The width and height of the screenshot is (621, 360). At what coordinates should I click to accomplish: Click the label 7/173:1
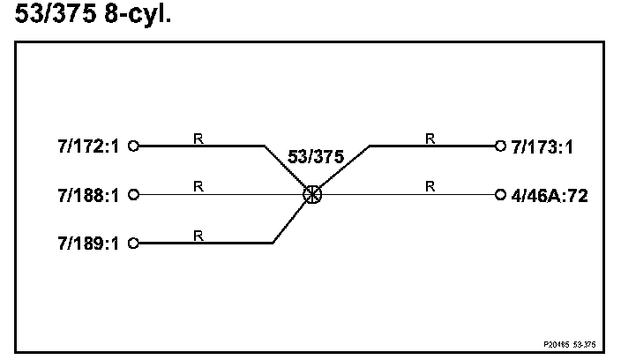(x=542, y=146)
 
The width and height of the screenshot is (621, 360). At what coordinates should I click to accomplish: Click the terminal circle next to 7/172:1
(x=134, y=146)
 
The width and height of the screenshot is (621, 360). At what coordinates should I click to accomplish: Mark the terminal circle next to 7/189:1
(x=134, y=242)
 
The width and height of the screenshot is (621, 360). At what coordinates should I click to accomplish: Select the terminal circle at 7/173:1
(x=500, y=146)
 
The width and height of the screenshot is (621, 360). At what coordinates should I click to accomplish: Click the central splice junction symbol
(x=311, y=195)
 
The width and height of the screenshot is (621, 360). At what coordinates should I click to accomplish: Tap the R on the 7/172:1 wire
(x=198, y=138)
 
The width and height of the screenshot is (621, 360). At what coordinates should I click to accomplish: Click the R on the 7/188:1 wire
(x=198, y=185)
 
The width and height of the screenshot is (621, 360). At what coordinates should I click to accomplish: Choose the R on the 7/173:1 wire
(x=430, y=138)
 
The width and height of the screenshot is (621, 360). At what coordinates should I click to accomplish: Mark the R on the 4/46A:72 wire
(x=430, y=185)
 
